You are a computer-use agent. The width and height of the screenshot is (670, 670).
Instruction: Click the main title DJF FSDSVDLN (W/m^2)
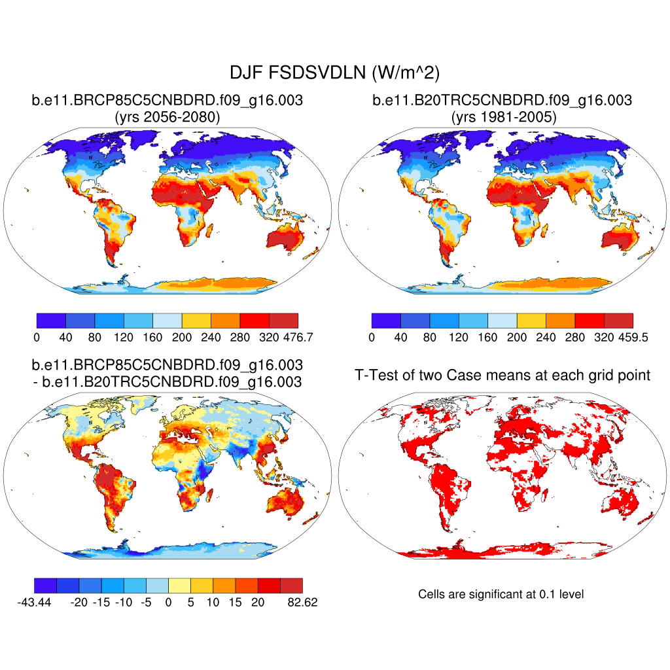334,73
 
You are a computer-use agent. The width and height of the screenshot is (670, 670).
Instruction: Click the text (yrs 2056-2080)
167,117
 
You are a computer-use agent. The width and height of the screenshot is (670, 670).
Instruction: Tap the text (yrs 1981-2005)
502,117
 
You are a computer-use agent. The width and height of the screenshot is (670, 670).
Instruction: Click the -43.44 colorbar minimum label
34,603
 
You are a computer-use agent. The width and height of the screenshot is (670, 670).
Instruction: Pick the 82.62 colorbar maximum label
302,603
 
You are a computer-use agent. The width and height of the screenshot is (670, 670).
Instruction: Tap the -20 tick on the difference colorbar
79,603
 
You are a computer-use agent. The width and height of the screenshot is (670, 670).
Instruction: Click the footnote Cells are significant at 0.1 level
501,594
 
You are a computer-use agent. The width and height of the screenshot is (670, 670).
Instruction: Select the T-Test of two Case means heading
502,375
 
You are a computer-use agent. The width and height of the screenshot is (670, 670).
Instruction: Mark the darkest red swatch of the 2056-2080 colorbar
283,320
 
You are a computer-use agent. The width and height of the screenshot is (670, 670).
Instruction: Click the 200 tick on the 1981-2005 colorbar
517,338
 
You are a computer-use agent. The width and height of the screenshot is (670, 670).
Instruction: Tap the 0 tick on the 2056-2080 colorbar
37,338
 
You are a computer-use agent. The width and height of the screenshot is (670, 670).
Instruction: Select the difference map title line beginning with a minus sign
167,381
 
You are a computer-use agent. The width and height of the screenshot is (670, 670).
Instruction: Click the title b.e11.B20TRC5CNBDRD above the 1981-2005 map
502,100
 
